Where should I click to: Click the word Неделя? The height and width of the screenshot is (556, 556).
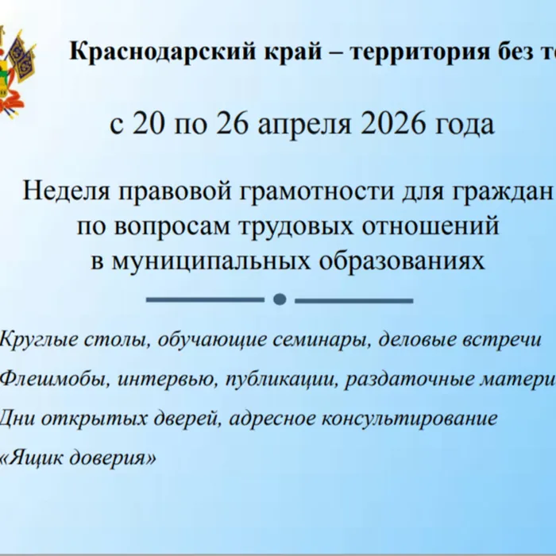point(67,191)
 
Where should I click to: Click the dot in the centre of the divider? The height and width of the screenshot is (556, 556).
point(279,299)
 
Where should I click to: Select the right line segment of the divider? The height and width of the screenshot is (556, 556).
point(353,299)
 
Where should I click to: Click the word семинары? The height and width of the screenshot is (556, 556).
point(322,340)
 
